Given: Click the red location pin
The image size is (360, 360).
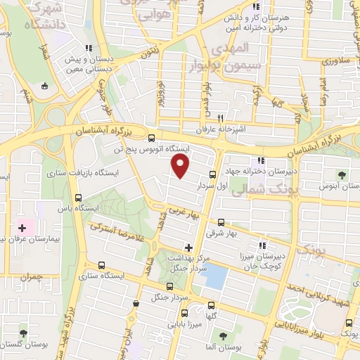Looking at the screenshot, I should click(x=181, y=165).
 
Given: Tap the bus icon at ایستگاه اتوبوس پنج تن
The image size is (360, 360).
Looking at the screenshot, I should click(x=153, y=138).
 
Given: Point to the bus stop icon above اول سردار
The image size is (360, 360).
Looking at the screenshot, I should click(x=212, y=174).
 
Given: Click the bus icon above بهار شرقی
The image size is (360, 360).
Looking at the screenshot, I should click(x=221, y=221).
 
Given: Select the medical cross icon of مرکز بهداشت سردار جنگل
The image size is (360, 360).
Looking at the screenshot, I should click(x=188, y=247).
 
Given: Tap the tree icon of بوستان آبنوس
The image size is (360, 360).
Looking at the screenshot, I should click(x=342, y=174).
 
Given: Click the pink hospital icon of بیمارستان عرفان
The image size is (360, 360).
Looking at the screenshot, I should click(x=22, y=228).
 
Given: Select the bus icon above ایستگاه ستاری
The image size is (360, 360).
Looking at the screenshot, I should click(x=103, y=266).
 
